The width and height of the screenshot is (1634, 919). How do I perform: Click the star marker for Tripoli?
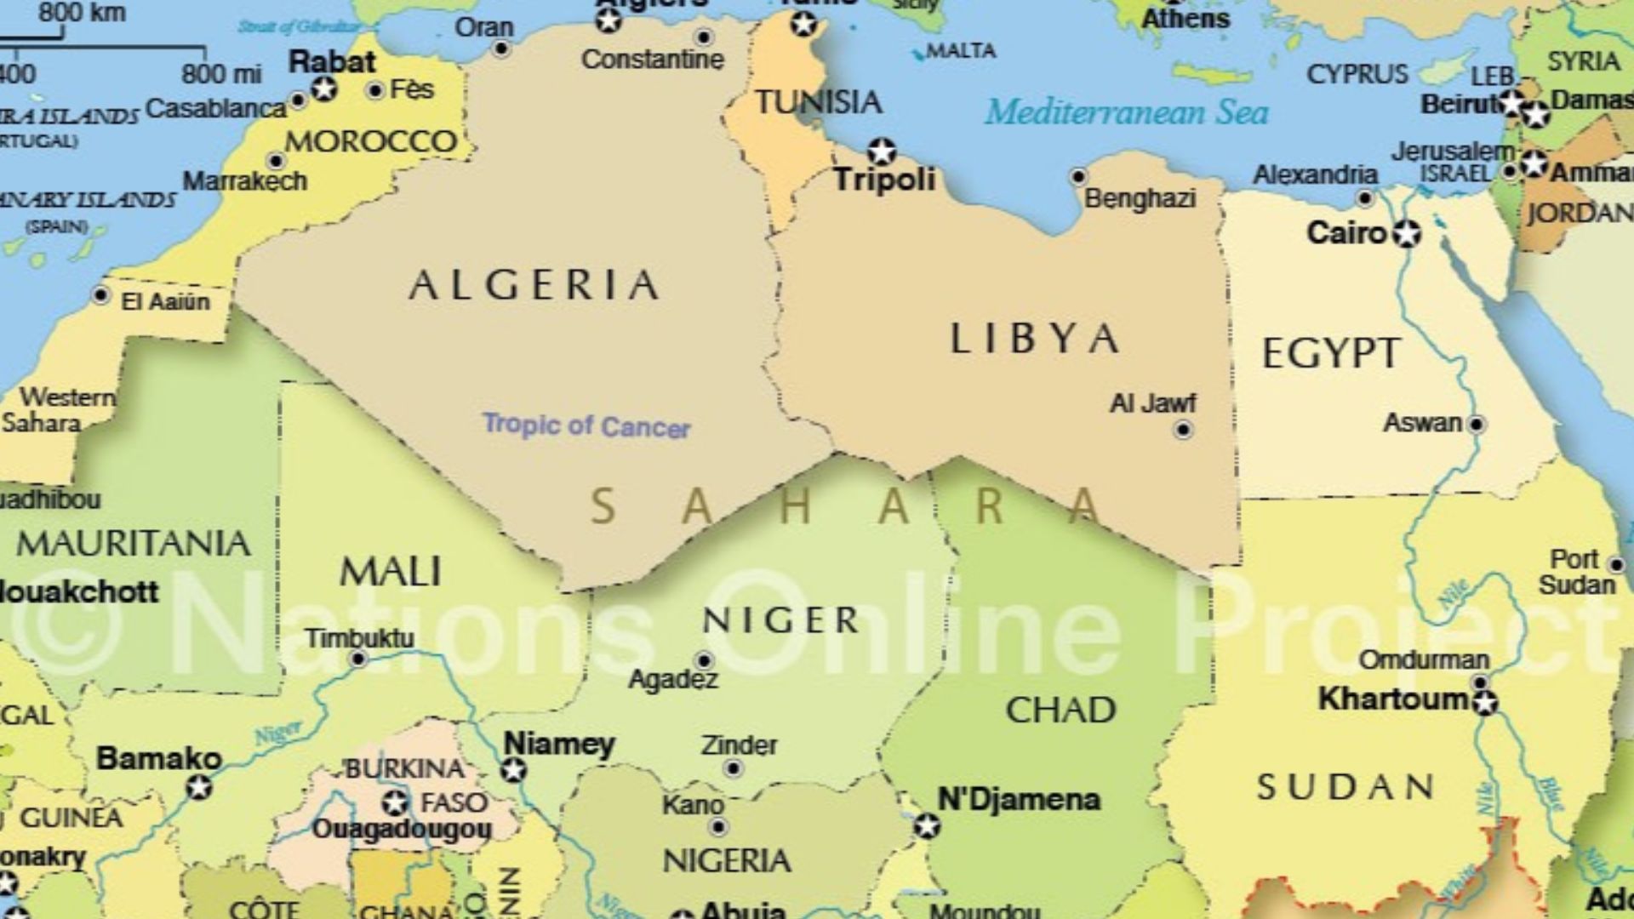pos(882,151)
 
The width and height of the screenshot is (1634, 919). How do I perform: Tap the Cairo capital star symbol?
pos(1408,233)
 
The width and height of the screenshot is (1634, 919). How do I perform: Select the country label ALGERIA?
pos(534,285)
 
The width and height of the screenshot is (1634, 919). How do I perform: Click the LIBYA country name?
pos(1033,339)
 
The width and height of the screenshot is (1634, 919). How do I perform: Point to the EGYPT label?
pos(1330,353)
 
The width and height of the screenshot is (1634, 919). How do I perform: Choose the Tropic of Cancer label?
pos(586,425)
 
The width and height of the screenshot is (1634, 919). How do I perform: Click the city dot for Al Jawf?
pos(1183,431)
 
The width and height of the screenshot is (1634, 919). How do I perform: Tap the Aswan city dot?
pos(1477,424)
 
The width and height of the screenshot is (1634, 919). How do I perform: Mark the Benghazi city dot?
pos(1078,177)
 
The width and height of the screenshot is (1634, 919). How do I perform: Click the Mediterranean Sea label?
pos(1127,112)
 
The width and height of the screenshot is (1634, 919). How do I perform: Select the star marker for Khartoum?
pos(1485,703)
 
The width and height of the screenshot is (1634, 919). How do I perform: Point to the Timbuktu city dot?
pos(359,659)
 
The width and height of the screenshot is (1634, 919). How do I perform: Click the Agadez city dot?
pos(704,660)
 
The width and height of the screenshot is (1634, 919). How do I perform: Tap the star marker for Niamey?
pos(512,771)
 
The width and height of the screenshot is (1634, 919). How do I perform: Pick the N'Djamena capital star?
pos(927,825)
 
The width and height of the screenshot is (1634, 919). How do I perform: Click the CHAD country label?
pos(1060,710)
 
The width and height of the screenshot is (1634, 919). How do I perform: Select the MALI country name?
pos(391,572)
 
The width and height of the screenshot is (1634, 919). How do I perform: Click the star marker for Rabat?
pos(324,88)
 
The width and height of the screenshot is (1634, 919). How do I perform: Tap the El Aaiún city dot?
pos(101,295)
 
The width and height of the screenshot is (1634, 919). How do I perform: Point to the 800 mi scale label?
pos(221,74)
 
